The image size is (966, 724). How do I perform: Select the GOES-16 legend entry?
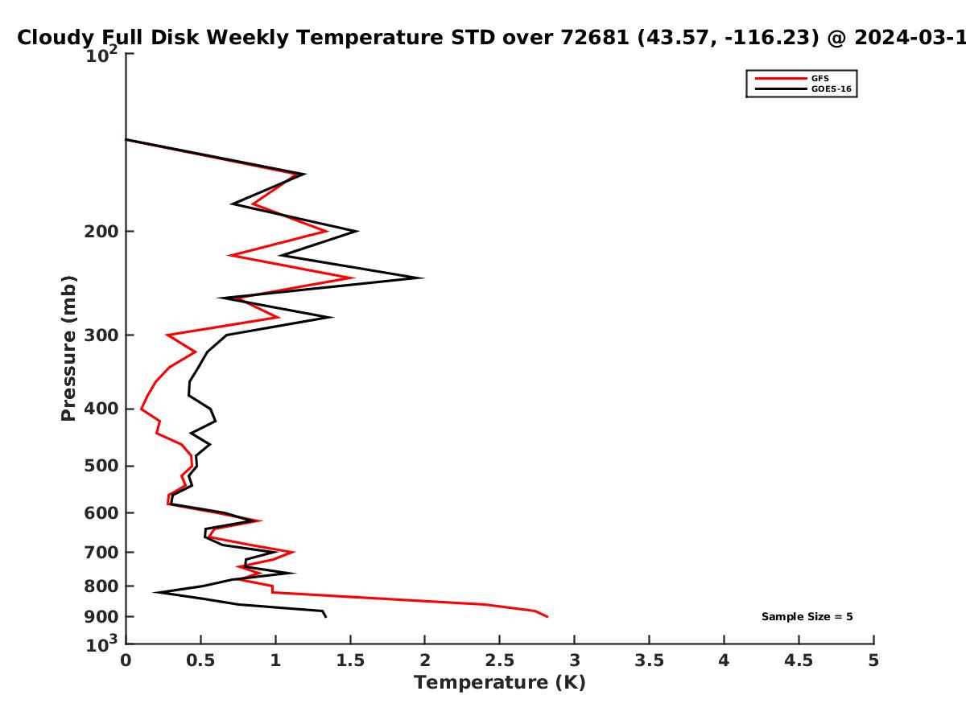pyautogui.click(x=803, y=88)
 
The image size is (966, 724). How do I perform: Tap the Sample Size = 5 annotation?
pyautogui.click(x=807, y=617)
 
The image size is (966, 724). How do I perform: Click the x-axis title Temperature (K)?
pyautogui.click(x=500, y=683)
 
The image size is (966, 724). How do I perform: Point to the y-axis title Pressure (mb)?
pyautogui.click(x=68, y=348)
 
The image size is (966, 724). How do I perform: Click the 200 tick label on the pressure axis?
pyautogui.click(x=101, y=231)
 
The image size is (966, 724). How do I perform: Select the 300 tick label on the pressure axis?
pyautogui.click(x=101, y=335)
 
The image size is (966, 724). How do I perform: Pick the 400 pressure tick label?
pyautogui.click(x=101, y=409)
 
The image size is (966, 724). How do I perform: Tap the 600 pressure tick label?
pyautogui.click(x=101, y=513)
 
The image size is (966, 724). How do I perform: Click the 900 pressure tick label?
pyautogui.click(x=101, y=617)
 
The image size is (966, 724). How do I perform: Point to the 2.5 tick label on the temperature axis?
pyautogui.click(x=500, y=660)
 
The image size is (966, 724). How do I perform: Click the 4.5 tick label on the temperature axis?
pyautogui.click(x=799, y=660)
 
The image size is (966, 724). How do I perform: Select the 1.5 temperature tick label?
pyautogui.click(x=350, y=660)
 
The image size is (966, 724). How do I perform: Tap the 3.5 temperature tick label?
pyautogui.click(x=649, y=660)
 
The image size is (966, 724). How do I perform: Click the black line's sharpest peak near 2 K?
pyautogui.click(x=423, y=278)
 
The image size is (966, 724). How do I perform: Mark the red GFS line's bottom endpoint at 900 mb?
pyautogui.click(x=547, y=617)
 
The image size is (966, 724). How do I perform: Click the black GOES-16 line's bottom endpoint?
pyautogui.click(x=326, y=617)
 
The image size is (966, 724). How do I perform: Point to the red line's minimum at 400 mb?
pyautogui.click(x=141, y=409)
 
